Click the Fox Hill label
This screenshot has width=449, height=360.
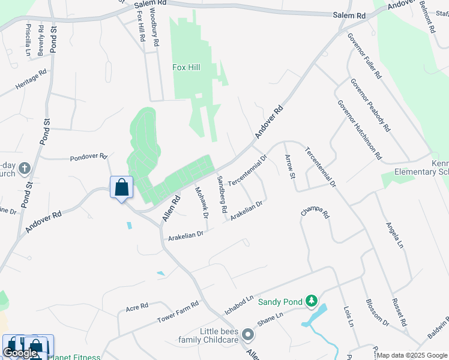coord(186,67)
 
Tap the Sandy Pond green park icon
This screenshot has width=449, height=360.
coord(311,300)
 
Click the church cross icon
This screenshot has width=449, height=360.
coord(25,167)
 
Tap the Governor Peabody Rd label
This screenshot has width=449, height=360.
coord(370,106)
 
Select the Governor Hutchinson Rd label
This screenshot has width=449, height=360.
coord(359,129)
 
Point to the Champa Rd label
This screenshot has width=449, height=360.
coord(316,214)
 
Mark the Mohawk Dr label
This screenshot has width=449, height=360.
coord(200,202)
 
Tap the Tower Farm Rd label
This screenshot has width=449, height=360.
coord(178,311)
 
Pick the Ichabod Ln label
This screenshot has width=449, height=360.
coord(240,305)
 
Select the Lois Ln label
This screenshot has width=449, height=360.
coord(348,316)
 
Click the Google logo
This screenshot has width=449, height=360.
coord(19,353)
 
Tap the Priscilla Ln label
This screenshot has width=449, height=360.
coord(28,40)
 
